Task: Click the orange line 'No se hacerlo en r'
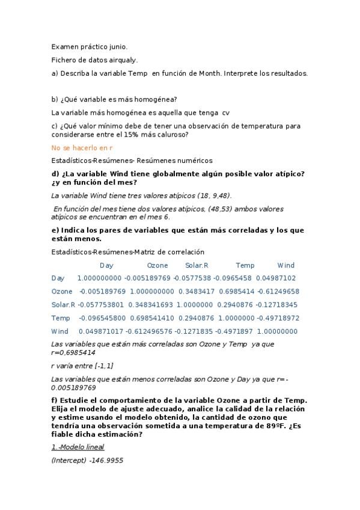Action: [82, 147]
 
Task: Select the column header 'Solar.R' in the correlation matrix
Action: [197, 265]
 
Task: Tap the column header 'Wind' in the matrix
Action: [286, 265]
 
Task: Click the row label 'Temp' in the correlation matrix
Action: [61, 318]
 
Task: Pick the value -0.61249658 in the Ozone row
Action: [274, 291]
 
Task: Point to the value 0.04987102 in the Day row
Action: [275, 278]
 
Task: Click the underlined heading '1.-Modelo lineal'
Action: [78, 447]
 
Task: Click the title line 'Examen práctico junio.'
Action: [90, 46]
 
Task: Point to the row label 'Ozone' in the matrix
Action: [62, 291]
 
